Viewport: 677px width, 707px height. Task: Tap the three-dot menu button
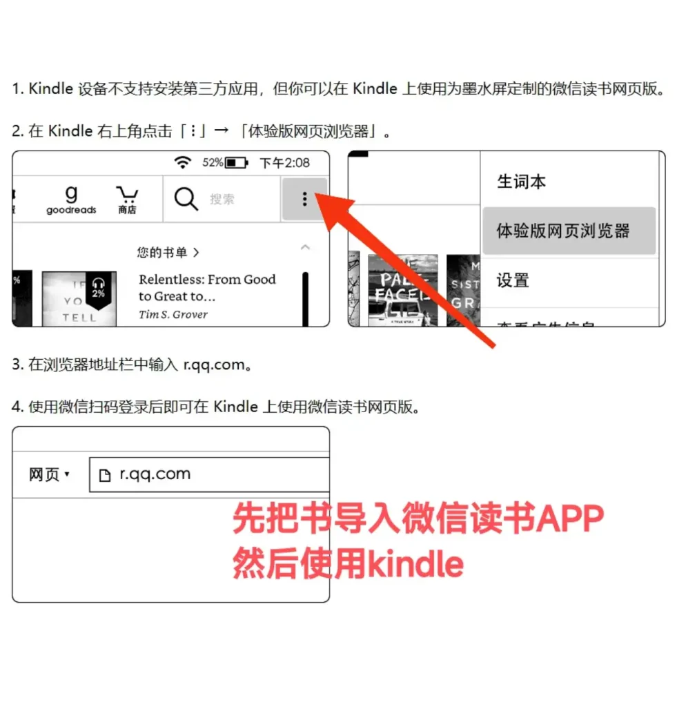tap(304, 200)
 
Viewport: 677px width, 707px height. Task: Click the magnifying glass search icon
tap(186, 199)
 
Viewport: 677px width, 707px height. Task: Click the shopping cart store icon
tap(127, 199)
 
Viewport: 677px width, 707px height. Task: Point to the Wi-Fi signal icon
tap(182, 162)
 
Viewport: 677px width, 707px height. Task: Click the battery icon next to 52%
tap(237, 163)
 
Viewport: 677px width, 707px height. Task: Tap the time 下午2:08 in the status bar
tap(284, 163)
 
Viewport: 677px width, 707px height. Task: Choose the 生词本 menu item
tap(522, 182)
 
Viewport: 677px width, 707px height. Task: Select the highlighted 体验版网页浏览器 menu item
tap(563, 231)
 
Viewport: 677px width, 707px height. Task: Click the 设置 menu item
tap(513, 280)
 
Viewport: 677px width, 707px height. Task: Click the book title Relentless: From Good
tap(207, 280)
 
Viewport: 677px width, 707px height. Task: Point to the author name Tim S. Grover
tap(173, 314)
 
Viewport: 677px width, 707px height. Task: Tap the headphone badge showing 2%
tap(99, 289)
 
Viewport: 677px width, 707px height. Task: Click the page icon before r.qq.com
tap(105, 475)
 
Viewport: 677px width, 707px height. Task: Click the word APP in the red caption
tap(570, 519)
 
